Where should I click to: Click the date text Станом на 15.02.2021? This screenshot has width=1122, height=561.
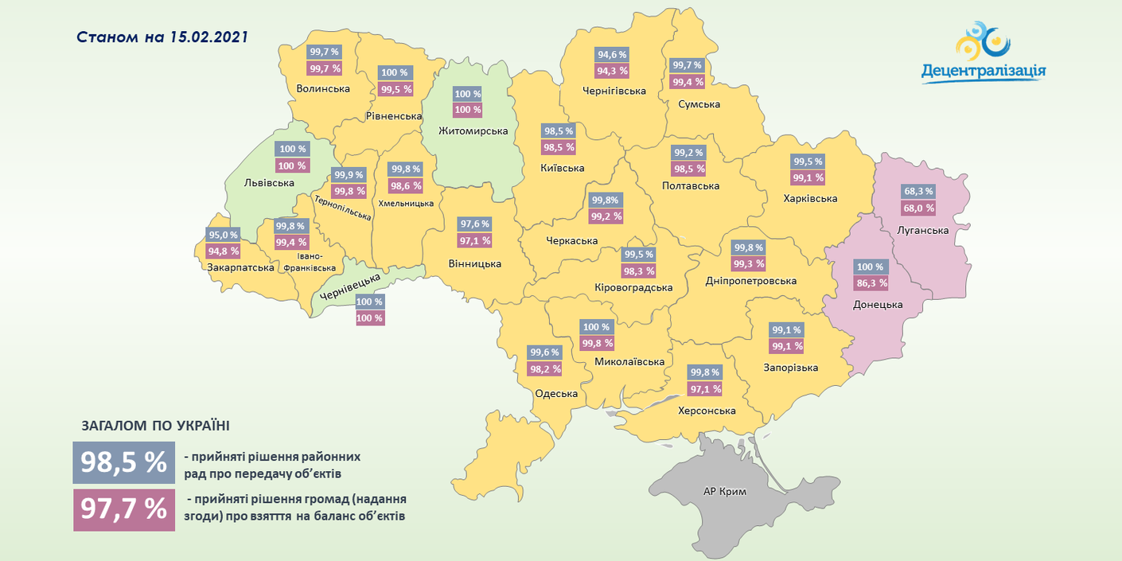(x=162, y=37)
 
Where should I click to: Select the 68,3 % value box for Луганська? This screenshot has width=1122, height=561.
(x=918, y=191)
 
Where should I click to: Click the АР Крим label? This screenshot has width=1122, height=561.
(x=725, y=492)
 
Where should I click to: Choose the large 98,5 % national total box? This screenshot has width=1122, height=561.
(x=123, y=463)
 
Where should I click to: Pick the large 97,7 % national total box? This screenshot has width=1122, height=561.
(x=123, y=509)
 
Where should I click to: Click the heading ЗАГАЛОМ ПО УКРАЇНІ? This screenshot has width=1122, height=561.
(x=150, y=427)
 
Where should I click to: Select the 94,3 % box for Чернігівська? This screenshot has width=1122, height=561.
(x=612, y=71)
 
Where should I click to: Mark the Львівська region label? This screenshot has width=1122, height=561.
(x=269, y=183)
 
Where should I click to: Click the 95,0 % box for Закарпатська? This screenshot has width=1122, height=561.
(x=223, y=235)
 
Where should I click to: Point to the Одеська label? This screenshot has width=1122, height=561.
(x=556, y=393)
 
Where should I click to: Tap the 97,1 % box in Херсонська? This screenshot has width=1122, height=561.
(x=705, y=389)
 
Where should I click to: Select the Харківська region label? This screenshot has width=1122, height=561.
(x=810, y=198)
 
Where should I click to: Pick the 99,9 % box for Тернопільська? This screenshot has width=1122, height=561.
(x=348, y=175)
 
